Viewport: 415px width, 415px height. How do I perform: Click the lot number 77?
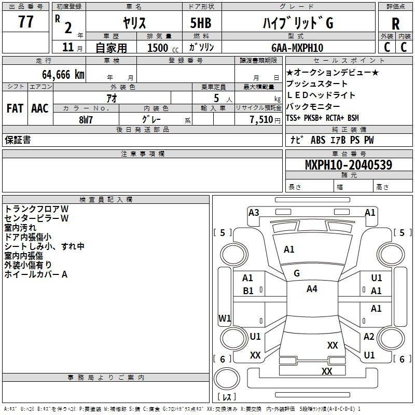pyautogui.click(x=26, y=23)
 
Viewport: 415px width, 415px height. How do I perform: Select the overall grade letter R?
pyautogui.click(x=395, y=24)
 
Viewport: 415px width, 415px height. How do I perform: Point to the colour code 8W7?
pyautogui.click(x=86, y=119)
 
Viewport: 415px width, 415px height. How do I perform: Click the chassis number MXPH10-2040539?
pyautogui.click(x=349, y=165)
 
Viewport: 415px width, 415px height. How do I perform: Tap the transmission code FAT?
pyautogui.click(x=15, y=108)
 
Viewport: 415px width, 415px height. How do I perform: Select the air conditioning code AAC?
pyautogui.click(x=40, y=108)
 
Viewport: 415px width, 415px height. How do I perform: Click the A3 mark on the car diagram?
pyautogui.click(x=254, y=212)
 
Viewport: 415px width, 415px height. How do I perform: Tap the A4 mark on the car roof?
pyautogui.click(x=312, y=289)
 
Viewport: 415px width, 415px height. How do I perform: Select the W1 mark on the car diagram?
pyautogui.click(x=225, y=318)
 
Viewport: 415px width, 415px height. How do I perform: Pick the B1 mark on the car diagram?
pyautogui.click(x=248, y=291)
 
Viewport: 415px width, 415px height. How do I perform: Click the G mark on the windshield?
pyautogui.click(x=297, y=273)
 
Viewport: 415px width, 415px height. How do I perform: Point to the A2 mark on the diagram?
pyautogui.click(x=369, y=337)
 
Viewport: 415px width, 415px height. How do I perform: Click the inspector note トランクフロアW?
pyautogui.click(x=36, y=209)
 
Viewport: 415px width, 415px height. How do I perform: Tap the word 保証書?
pyautogui.click(x=18, y=140)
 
